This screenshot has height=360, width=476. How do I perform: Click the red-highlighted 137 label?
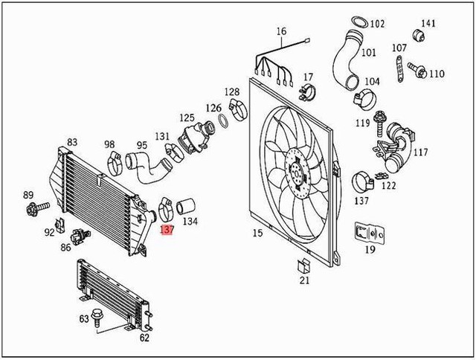167,231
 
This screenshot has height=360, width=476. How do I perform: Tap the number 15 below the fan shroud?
257,234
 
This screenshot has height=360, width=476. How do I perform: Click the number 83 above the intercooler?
72,142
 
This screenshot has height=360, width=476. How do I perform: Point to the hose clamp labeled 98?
115,159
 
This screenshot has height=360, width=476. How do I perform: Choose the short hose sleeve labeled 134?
188,204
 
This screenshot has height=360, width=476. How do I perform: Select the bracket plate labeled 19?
370,234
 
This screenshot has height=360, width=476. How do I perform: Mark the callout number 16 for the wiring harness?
281,31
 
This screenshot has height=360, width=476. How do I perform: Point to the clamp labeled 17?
306,94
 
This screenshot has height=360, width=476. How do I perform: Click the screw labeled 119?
382,117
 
